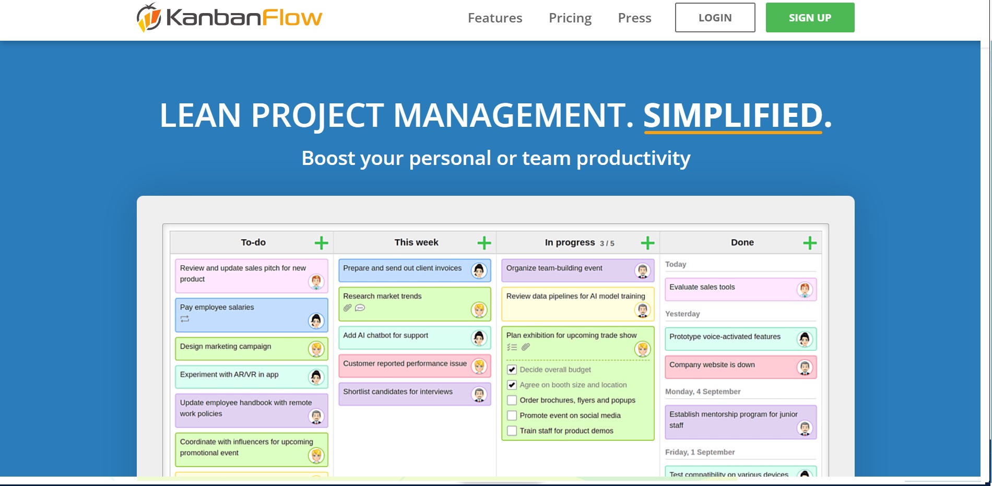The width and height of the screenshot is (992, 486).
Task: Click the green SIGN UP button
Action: (810, 18)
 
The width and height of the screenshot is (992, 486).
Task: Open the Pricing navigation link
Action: (570, 18)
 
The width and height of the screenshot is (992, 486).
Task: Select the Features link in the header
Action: (495, 18)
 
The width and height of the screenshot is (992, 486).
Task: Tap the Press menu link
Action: (634, 18)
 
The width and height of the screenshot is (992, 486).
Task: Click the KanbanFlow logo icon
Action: (149, 17)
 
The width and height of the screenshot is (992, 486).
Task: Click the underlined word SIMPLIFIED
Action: (733, 115)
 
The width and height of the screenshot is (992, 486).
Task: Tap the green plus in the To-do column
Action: (322, 243)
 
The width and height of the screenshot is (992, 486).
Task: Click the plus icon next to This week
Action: (485, 243)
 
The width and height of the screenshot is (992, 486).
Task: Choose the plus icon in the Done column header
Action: (810, 243)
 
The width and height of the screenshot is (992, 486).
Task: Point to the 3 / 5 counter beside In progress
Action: (607, 243)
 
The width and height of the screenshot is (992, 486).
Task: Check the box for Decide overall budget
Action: (512, 370)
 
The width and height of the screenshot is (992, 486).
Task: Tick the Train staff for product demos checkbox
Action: (512, 431)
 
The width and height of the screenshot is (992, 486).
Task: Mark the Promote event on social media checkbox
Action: (512, 416)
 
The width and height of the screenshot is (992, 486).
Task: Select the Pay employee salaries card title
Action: (217, 307)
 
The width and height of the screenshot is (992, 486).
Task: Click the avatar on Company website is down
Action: (805, 368)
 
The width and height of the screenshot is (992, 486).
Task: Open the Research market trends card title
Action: (382, 296)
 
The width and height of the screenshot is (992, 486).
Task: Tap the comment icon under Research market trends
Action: (360, 308)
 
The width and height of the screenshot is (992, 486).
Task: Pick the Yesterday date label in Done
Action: (682, 314)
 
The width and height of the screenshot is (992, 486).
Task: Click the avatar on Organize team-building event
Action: (642, 270)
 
